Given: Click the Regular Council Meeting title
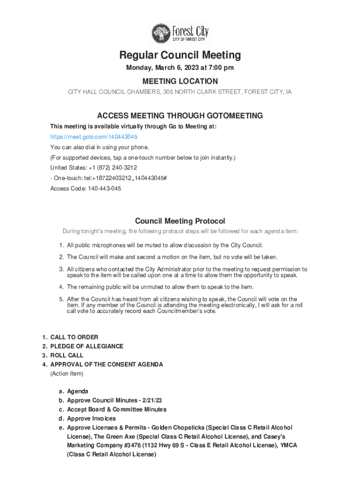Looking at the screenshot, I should tap(180, 55).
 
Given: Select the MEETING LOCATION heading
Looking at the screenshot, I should tap(180, 81).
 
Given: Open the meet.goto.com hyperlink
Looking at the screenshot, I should tap(94, 137).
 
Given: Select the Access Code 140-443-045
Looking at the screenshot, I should tap(101, 189).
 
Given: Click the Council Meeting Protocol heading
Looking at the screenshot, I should tap(180, 221).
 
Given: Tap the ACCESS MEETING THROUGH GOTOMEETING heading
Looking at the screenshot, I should tap(180, 116).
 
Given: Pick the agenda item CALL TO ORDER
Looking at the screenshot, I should tap(74, 337).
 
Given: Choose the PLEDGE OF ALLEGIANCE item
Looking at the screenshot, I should tap(87, 346).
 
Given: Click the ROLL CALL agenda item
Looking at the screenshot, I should tap(67, 356).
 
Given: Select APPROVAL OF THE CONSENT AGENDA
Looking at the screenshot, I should tap(107, 364).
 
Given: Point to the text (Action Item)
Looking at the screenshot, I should tap(67, 374).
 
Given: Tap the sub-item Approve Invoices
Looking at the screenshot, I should tap(91, 419).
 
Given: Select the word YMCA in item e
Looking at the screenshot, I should tap(288, 445).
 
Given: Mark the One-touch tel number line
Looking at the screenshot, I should tap(108, 178).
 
